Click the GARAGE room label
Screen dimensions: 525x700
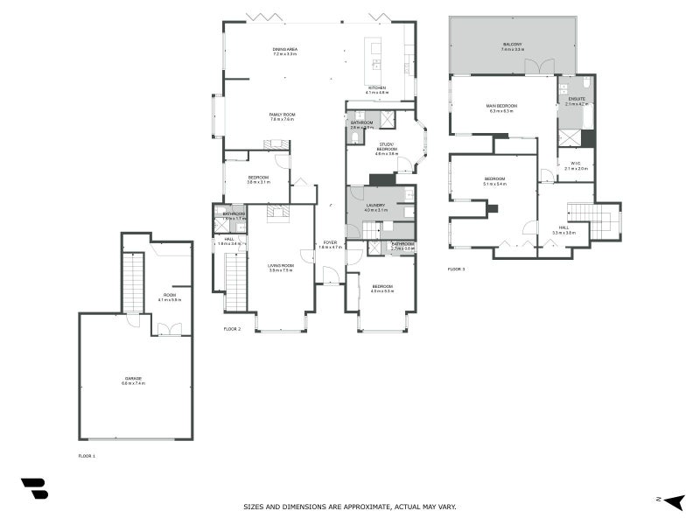(132, 378)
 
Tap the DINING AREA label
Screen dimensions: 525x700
(284, 49)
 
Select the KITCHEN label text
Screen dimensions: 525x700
(377, 87)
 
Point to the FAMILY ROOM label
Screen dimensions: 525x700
(282, 115)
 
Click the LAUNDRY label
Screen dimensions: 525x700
(375, 206)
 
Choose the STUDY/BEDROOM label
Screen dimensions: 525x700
(386, 146)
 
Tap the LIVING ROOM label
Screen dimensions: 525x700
(281, 266)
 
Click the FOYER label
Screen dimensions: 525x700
(330, 242)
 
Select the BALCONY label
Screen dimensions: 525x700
(513, 44)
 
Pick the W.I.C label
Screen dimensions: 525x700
(576, 164)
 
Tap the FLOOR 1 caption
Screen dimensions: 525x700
(87, 456)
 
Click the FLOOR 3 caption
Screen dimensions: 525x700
(457, 269)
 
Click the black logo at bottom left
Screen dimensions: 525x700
(34, 488)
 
